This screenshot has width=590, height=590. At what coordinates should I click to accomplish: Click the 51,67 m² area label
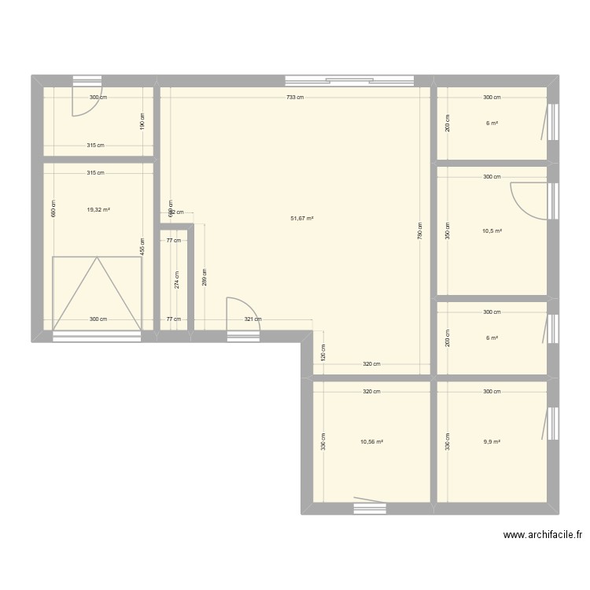(x=302, y=219)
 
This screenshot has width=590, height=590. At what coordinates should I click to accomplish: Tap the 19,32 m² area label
(x=98, y=210)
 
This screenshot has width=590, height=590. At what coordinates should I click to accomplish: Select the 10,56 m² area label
(x=371, y=442)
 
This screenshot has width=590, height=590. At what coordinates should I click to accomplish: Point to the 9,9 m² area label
(x=492, y=442)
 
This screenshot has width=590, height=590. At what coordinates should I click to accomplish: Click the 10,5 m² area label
(x=492, y=231)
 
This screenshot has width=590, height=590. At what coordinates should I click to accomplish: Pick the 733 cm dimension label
(x=295, y=98)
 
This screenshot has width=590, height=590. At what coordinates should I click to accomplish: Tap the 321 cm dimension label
(x=253, y=319)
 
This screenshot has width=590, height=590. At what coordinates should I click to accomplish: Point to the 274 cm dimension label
(x=177, y=279)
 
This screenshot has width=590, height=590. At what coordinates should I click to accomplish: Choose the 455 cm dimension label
(x=142, y=246)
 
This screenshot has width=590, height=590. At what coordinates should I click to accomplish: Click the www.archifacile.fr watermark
(x=543, y=535)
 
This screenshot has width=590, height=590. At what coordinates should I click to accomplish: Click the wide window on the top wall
(x=349, y=80)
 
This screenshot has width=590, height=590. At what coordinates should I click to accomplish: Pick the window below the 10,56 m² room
(x=370, y=509)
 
